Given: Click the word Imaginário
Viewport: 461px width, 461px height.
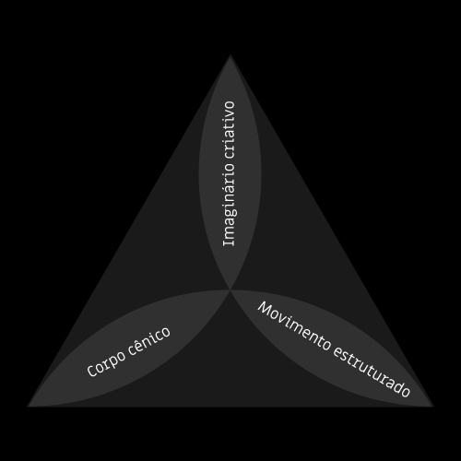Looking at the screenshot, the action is pos(229,203).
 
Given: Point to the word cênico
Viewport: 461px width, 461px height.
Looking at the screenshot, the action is pos(148,340).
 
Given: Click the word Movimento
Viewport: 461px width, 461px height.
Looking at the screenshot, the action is pos(293,325).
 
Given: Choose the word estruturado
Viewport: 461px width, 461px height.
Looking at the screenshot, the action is pos(372,372).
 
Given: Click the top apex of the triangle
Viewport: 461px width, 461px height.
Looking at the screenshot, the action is pos(230,55).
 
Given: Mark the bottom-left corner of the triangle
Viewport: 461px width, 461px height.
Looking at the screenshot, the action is pos(28,407).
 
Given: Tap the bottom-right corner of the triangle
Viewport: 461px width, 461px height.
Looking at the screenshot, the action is pos(433,407).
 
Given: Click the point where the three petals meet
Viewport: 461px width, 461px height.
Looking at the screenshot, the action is pos(230,290).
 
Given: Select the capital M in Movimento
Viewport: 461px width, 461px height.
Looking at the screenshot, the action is pos(265,308).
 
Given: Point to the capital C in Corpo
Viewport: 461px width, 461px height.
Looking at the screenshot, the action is pos(92,371).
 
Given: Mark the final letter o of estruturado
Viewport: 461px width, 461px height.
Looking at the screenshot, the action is pos(406,392).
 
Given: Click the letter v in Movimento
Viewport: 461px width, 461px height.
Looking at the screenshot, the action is pos(283,319).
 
